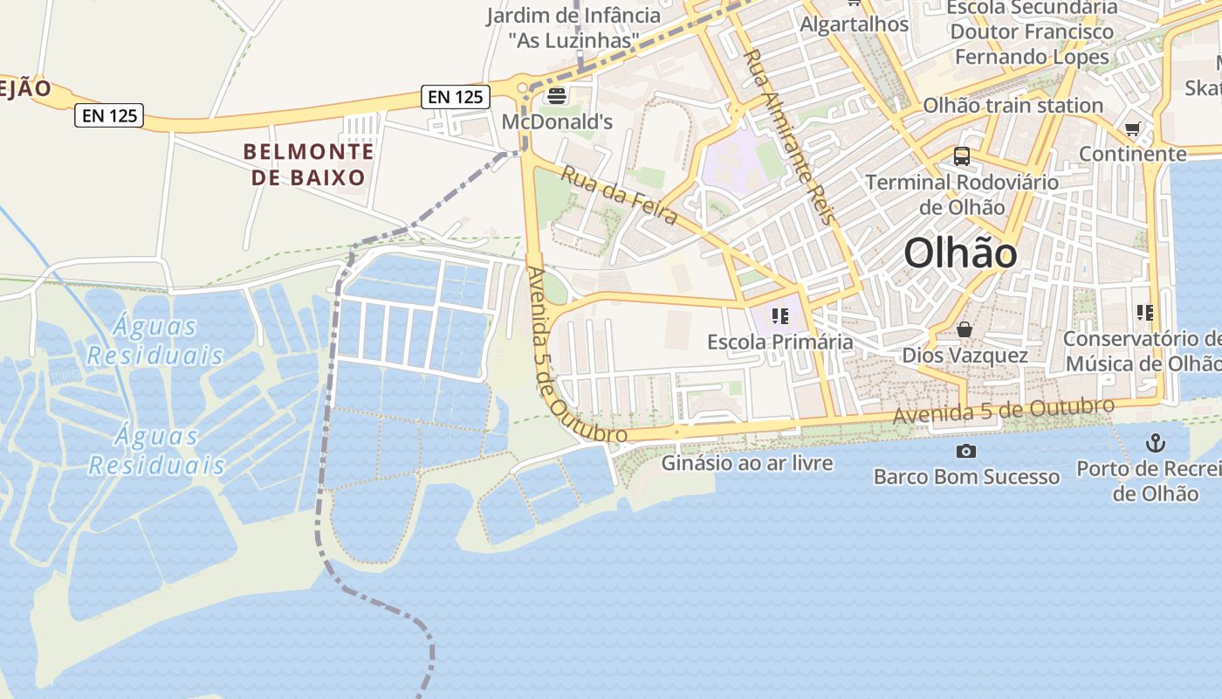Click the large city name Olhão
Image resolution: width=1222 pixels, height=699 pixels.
(x=960, y=253)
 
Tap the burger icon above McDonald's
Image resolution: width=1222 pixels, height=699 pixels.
(x=556, y=95)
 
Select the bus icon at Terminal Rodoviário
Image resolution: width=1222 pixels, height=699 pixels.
(x=962, y=156)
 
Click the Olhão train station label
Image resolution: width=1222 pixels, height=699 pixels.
(x=1013, y=106)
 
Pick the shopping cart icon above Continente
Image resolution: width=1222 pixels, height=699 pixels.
(x=1132, y=129)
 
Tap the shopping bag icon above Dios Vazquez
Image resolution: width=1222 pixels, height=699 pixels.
(x=965, y=329)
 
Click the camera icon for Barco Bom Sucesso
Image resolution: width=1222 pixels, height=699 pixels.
(x=965, y=451)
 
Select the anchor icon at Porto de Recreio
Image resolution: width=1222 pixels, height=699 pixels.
(x=1155, y=443)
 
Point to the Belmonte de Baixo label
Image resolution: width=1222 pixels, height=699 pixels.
(x=308, y=164)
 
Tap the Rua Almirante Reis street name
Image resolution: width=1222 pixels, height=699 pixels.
(x=789, y=135)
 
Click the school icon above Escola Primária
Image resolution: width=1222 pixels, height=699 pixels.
(x=779, y=315)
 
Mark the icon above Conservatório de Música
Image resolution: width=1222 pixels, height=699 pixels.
(x=1145, y=312)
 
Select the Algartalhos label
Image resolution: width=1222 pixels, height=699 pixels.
(x=855, y=24)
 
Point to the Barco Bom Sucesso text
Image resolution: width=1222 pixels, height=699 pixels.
(x=966, y=477)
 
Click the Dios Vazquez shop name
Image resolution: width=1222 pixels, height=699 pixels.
(x=965, y=356)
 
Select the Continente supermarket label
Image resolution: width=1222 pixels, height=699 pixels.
(x=1132, y=154)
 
